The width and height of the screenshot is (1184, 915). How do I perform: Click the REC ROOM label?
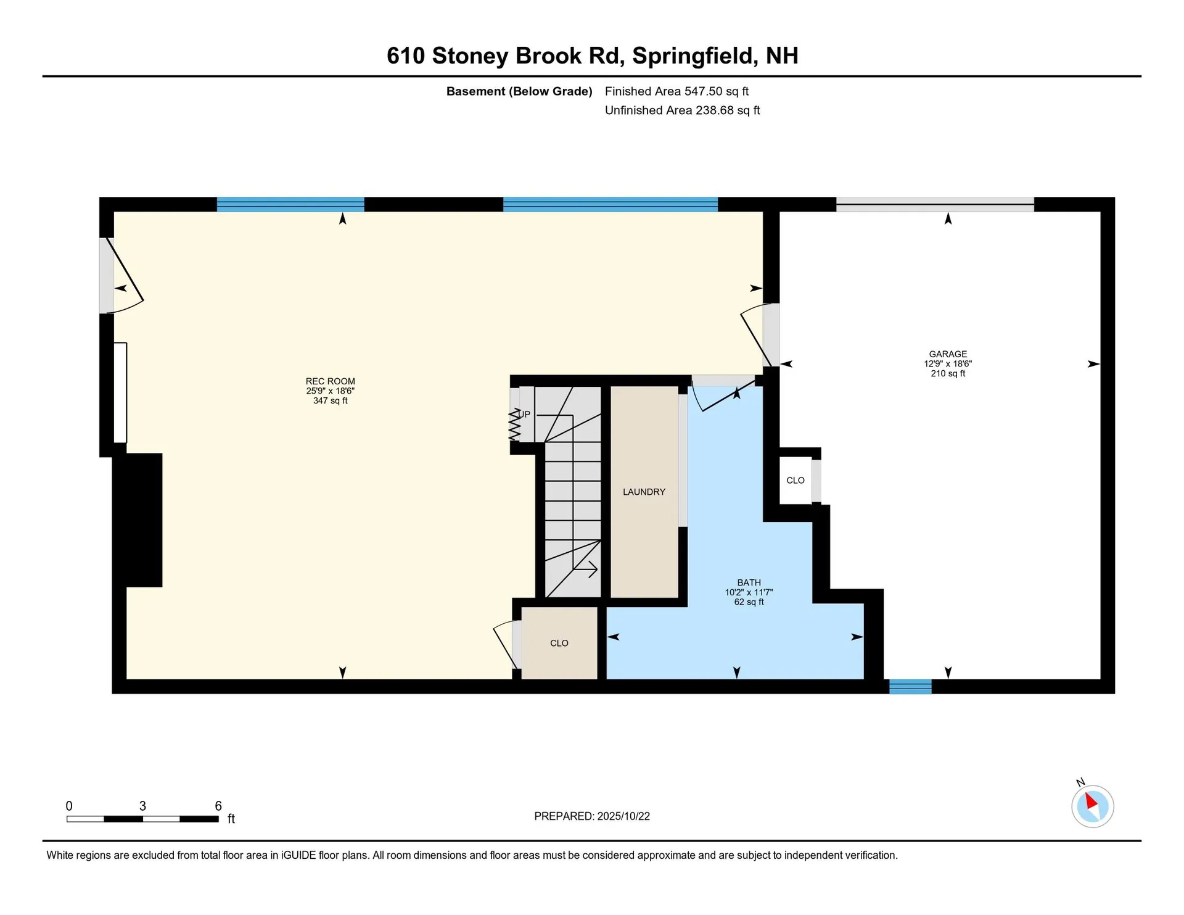330,381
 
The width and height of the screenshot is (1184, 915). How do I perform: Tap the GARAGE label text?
948,354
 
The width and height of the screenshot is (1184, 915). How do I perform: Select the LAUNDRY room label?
644,492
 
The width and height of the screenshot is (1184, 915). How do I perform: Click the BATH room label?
749,582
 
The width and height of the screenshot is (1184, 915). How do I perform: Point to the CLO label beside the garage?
795,480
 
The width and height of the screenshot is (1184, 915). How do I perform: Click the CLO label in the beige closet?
559,643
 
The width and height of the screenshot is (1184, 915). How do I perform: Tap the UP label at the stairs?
524,414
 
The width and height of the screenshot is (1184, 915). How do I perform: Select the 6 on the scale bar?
218,806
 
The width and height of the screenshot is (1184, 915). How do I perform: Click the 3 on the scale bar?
142,806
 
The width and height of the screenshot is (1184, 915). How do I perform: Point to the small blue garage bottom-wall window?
910,686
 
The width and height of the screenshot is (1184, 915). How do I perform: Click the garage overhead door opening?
934,204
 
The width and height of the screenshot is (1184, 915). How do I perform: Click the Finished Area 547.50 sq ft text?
676,91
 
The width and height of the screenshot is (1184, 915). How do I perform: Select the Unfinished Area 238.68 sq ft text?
682,110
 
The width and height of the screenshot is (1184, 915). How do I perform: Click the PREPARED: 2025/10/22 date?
591,816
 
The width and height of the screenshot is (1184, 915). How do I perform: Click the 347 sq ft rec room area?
330,401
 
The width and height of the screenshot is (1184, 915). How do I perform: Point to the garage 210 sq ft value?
948,374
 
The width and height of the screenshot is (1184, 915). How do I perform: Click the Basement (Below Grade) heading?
519,91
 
